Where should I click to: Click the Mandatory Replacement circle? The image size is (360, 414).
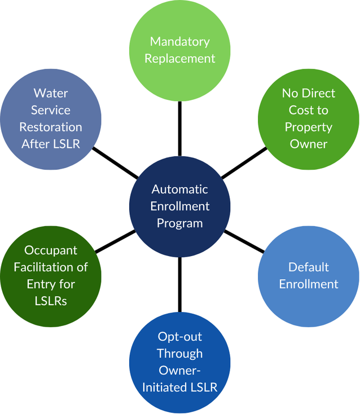click(x=180, y=50)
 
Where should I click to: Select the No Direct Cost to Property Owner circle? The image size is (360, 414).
click(x=309, y=118)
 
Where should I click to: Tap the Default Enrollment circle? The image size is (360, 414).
click(x=309, y=276)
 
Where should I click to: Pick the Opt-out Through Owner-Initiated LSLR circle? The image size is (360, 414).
click(x=180, y=362)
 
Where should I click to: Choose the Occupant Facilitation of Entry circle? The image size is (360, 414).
click(x=51, y=276)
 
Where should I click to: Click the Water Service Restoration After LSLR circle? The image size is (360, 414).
click(x=51, y=118)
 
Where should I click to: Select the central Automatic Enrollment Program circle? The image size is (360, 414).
click(x=180, y=206)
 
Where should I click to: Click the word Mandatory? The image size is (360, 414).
click(x=180, y=42)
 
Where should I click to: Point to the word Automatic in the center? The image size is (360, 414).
click(x=180, y=190)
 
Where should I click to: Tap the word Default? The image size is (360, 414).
click(x=309, y=267)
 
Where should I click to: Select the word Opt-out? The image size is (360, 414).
click(x=180, y=336)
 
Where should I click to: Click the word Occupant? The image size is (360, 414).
click(x=51, y=250)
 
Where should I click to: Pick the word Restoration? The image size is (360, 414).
click(x=51, y=127)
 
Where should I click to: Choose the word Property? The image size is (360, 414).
click(x=309, y=127)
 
